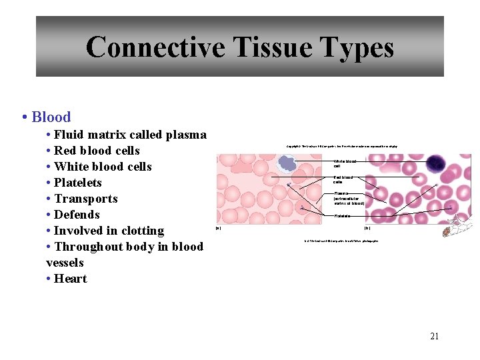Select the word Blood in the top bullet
click(51, 117)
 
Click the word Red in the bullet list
click(67, 151)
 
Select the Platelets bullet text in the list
click(78, 183)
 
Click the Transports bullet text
click(86, 199)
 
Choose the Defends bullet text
click(77, 215)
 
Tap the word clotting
click(141, 231)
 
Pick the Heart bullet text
click(71, 279)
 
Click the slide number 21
click(434, 337)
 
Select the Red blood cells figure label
click(343, 180)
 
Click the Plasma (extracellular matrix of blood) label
click(349, 199)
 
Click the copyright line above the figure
click(341, 146)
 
